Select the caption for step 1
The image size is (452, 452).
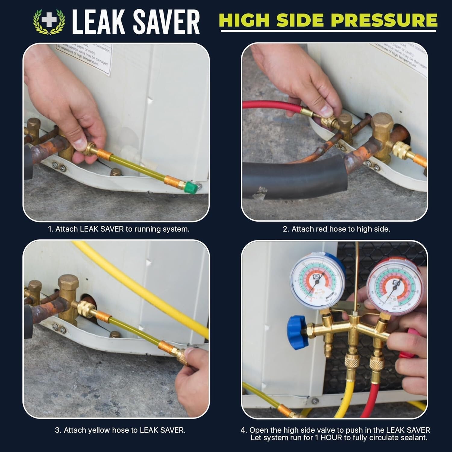click(119, 229)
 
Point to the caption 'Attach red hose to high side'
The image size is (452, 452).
click(336, 229)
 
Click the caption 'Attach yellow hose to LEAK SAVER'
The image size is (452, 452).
click(120, 430)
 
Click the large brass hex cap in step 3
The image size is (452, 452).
click(68, 283)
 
